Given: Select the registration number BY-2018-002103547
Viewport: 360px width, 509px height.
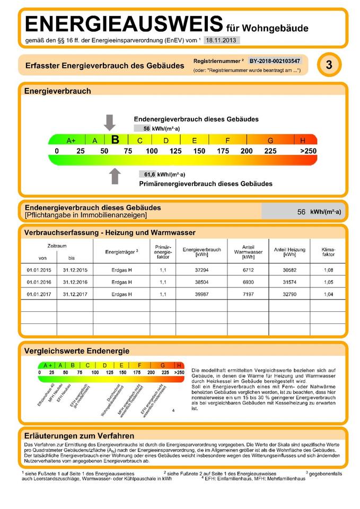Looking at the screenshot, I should click(x=275, y=61).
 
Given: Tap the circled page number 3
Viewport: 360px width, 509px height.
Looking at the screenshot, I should click(x=329, y=65).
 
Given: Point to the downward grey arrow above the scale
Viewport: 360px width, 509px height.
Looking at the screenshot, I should click(x=109, y=122).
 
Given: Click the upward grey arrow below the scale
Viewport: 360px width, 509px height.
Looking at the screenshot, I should click(x=115, y=175).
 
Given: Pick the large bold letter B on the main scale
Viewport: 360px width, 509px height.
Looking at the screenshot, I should click(x=115, y=140).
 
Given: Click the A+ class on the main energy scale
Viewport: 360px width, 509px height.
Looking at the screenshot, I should click(x=71, y=141).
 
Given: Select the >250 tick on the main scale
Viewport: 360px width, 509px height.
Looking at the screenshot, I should click(x=308, y=151).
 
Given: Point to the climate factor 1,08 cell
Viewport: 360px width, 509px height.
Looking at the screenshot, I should click(x=328, y=270).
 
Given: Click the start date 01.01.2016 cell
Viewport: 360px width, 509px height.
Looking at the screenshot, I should click(x=38, y=282).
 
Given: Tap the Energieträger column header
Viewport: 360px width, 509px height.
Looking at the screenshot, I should click(x=121, y=251).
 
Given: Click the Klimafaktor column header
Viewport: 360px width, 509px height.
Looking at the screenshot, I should click(x=328, y=251).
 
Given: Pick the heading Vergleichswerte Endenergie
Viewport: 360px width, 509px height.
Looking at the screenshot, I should click(x=77, y=351).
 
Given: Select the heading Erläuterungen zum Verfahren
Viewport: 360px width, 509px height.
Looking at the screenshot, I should click(x=79, y=435).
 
